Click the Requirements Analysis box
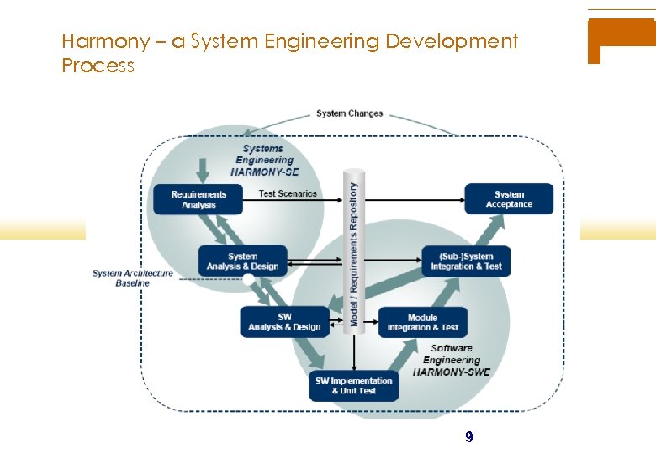click(x=199, y=199)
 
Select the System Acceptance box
click(x=509, y=199)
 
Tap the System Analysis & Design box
click(x=242, y=261)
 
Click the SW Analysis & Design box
click(x=284, y=322)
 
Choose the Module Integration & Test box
click(x=422, y=322)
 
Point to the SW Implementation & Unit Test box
click(x=353, y=385)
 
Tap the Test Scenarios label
click(x=288, y=193)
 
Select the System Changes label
click(x=349, y=113)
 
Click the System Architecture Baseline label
click(x=133, y=278)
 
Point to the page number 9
click(x=468, y=437)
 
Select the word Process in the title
click(x=98, y=66)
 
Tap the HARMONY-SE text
click(x=264, y=172)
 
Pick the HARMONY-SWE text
click(x=452, y=372)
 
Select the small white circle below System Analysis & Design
click(x=248, y=280)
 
